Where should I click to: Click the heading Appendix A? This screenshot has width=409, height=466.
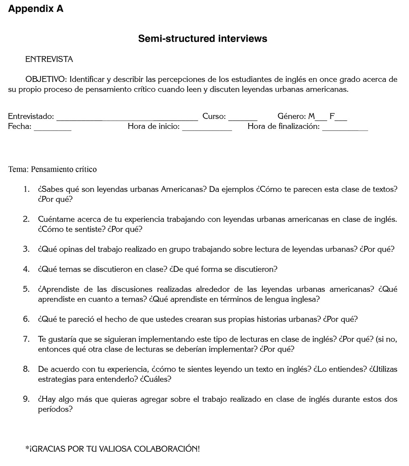(x=36, y=9)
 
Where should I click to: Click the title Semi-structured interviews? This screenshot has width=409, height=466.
(x=202, y=38)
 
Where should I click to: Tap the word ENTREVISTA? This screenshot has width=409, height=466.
(x=49, y=59)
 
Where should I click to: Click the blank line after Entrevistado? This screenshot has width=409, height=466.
(x=127, y=119)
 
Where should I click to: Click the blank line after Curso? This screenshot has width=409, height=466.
(x=243, y=119)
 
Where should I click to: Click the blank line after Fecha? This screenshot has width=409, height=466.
(x=52, y=129)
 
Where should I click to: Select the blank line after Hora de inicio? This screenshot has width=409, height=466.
(x=207, y=129)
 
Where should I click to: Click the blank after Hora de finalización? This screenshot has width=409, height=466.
(x=345, y=129)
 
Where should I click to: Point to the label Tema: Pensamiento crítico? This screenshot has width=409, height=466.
(x=52, y=169)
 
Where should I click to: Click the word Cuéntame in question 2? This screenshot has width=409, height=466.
(x=54, y=219)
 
